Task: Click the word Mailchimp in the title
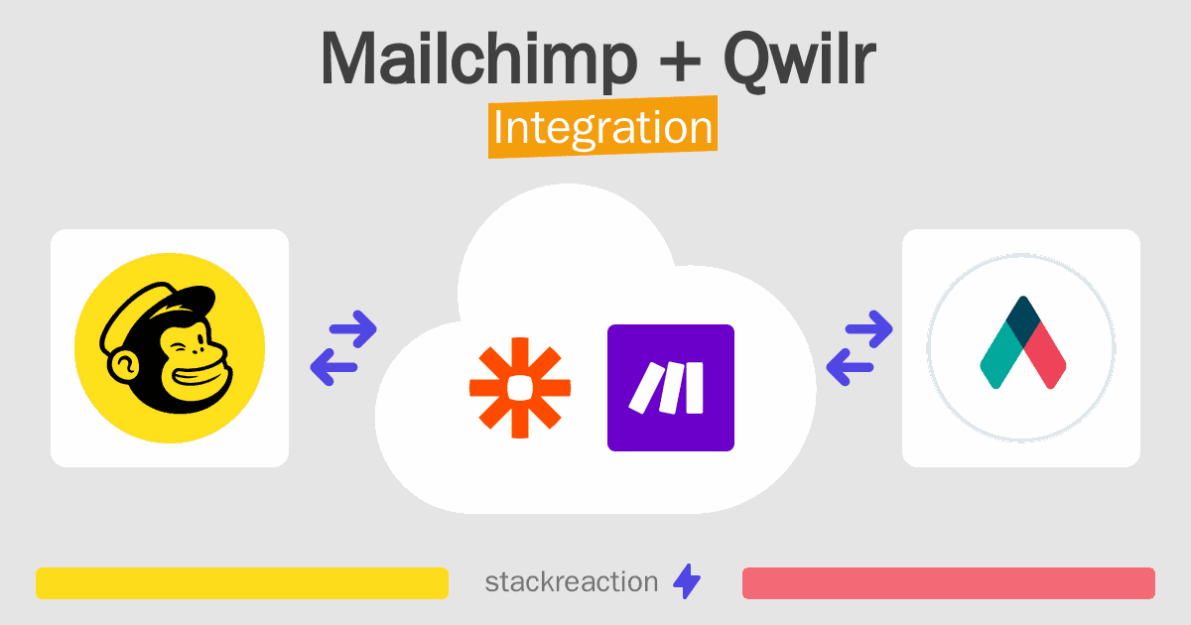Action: (477, 61)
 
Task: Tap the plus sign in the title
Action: (686, 62)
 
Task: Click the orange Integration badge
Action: (602, 130)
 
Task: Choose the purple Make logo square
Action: (671, 388)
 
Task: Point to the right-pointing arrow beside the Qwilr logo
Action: (866, 328)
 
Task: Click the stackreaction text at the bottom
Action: (571, 582)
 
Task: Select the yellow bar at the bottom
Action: (242, 583)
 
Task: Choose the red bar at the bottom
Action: (948, 583)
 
